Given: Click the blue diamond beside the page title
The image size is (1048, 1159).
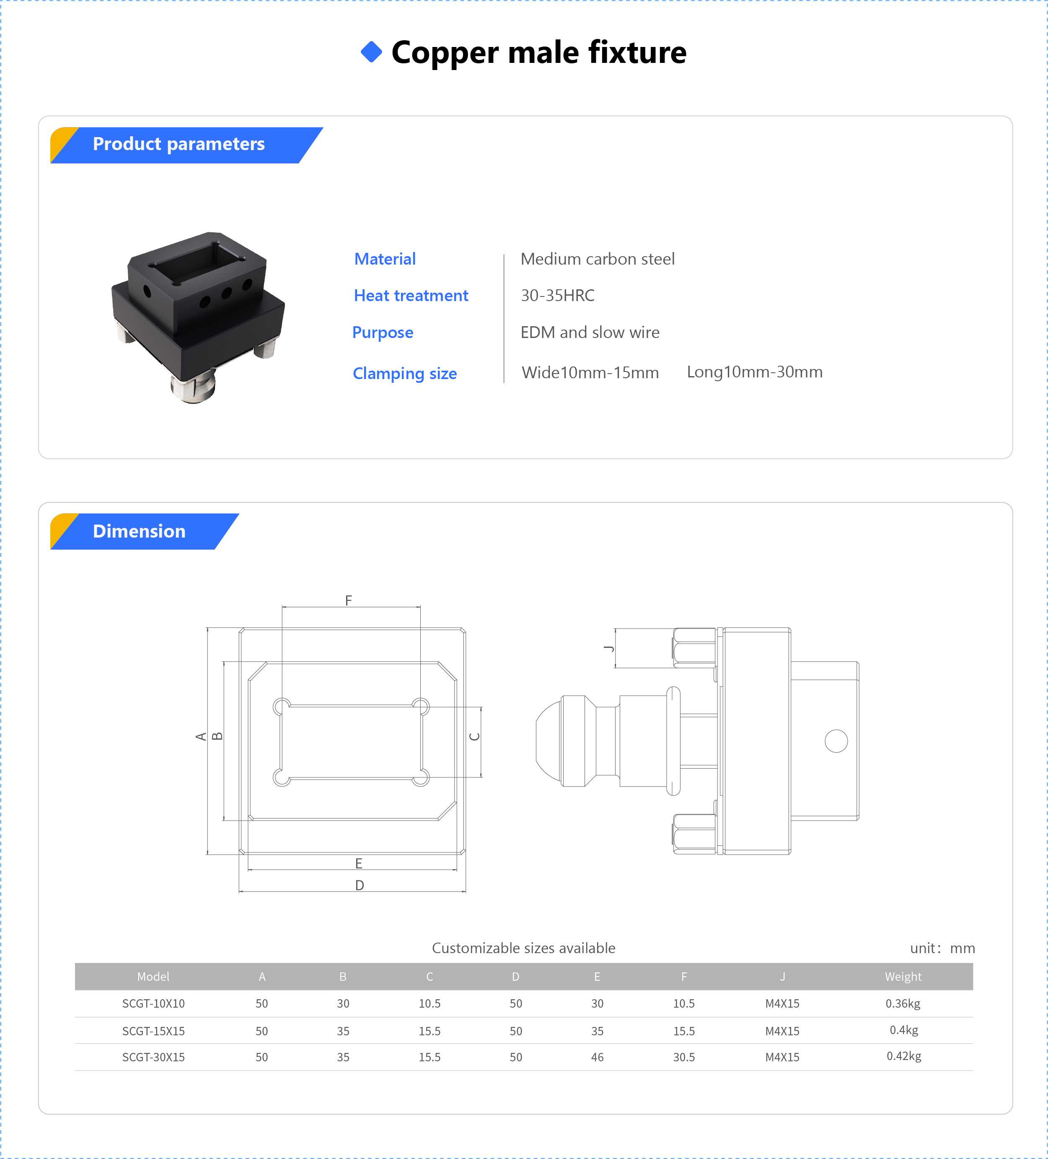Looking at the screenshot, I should tap(371, 52).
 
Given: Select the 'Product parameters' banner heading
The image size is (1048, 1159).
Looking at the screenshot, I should tap(179, 144).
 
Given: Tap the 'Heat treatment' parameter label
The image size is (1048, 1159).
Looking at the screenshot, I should tap(411, 296).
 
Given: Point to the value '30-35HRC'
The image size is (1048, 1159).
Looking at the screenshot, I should tap(557, 296).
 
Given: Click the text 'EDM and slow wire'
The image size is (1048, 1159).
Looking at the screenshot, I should tap(590, 332).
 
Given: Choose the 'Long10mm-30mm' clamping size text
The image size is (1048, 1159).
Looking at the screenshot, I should tap(754, 372).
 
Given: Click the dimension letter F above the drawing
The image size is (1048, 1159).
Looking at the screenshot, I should tap(349, 600).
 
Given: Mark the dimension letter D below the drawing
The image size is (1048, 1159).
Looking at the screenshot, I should tap(360, 885).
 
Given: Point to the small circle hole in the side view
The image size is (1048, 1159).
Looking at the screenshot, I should tap(836, 741).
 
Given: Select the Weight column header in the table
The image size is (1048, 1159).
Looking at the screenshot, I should tap(903, 976).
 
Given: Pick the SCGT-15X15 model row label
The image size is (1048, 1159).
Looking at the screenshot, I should tap(153, 1031).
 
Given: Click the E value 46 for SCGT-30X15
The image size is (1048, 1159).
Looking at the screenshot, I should tap(597, 1057).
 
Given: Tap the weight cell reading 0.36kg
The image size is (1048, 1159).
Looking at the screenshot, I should tap(903, 1003).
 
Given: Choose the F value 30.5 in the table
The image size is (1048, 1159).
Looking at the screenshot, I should tap(684, 1057).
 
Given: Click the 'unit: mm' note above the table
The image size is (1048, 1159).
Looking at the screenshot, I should tap(942, 948).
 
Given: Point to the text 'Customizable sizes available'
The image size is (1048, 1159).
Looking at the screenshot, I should tap(523, 948).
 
